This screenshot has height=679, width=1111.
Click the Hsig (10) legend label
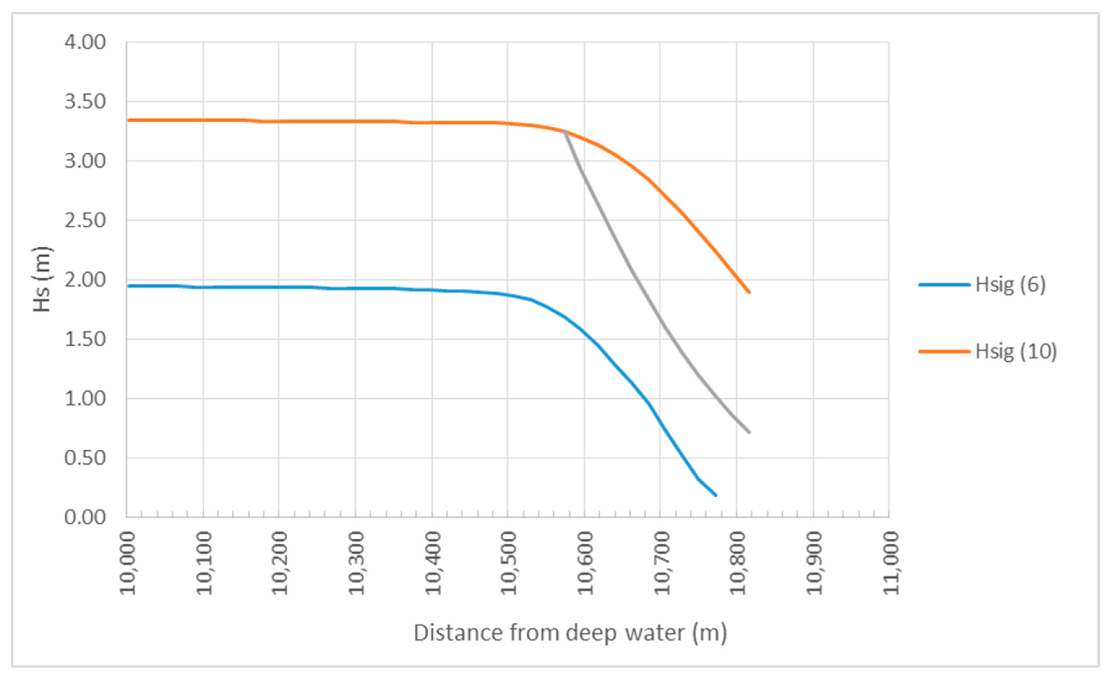click(1016, 351)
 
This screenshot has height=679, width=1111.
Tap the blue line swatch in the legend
click(944, 285)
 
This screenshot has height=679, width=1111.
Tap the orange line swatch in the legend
click(944, 351)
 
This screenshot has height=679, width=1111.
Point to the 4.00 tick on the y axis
click(85, 42)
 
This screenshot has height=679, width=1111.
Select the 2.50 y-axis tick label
click(85, 220)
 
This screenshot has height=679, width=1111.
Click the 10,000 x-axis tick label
click(128, 563)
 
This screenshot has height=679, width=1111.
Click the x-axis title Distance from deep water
click(570, 633)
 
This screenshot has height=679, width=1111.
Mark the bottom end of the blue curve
click(716, 495)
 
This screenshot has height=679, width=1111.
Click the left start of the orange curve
click(128, 120)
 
